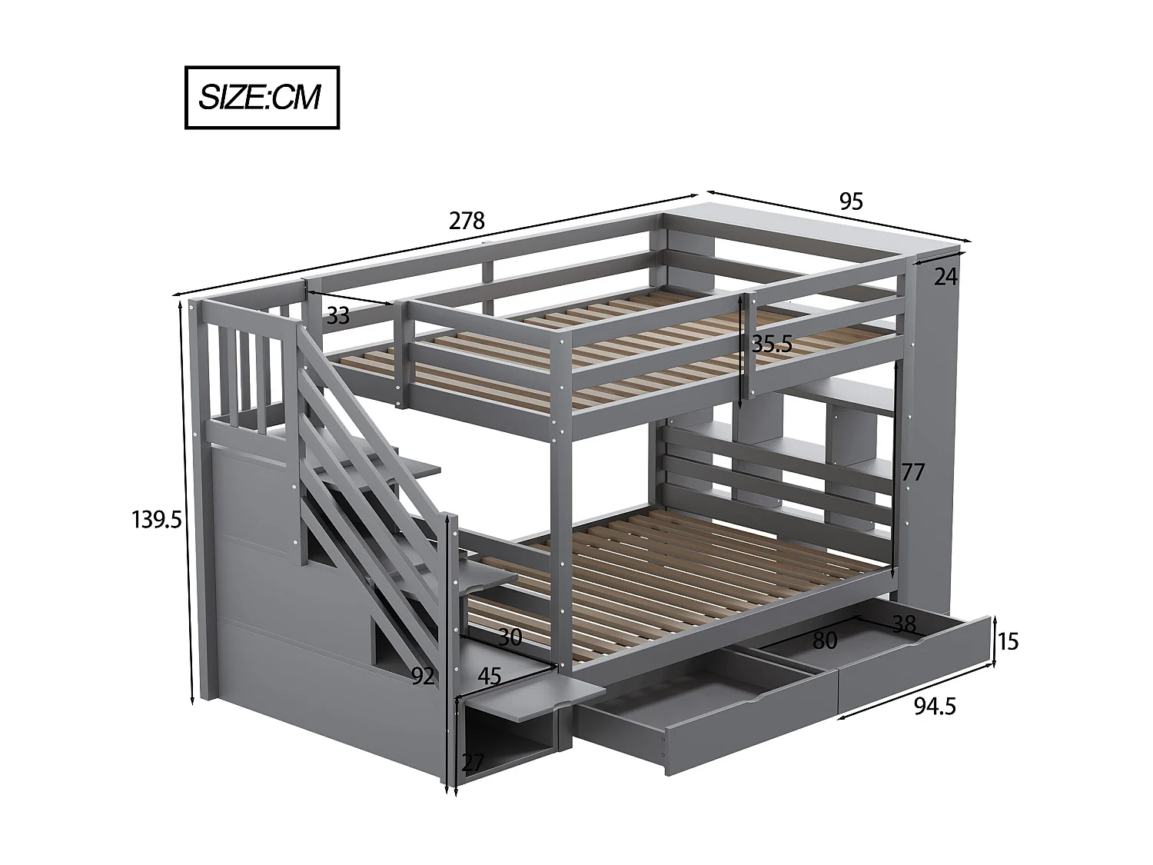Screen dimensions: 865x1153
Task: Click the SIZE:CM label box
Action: (261, 98)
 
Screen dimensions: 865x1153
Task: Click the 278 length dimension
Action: (467, 221)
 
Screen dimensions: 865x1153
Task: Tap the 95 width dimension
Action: (851, 201)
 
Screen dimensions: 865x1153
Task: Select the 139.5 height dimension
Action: (156, 521)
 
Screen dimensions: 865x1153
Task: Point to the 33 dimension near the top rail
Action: (337, 315)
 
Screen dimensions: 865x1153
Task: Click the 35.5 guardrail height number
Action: (771, 344)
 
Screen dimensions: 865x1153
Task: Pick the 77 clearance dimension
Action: (912, 472)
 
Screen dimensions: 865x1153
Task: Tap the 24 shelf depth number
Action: (945, 277)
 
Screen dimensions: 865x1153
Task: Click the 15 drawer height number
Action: (1007, 640)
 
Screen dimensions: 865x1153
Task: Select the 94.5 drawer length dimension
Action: (935, 706)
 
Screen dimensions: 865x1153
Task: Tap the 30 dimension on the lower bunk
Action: (510, 637)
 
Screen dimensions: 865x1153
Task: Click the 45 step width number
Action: (490, 676)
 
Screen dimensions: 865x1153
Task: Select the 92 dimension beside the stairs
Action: (423, 676)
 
